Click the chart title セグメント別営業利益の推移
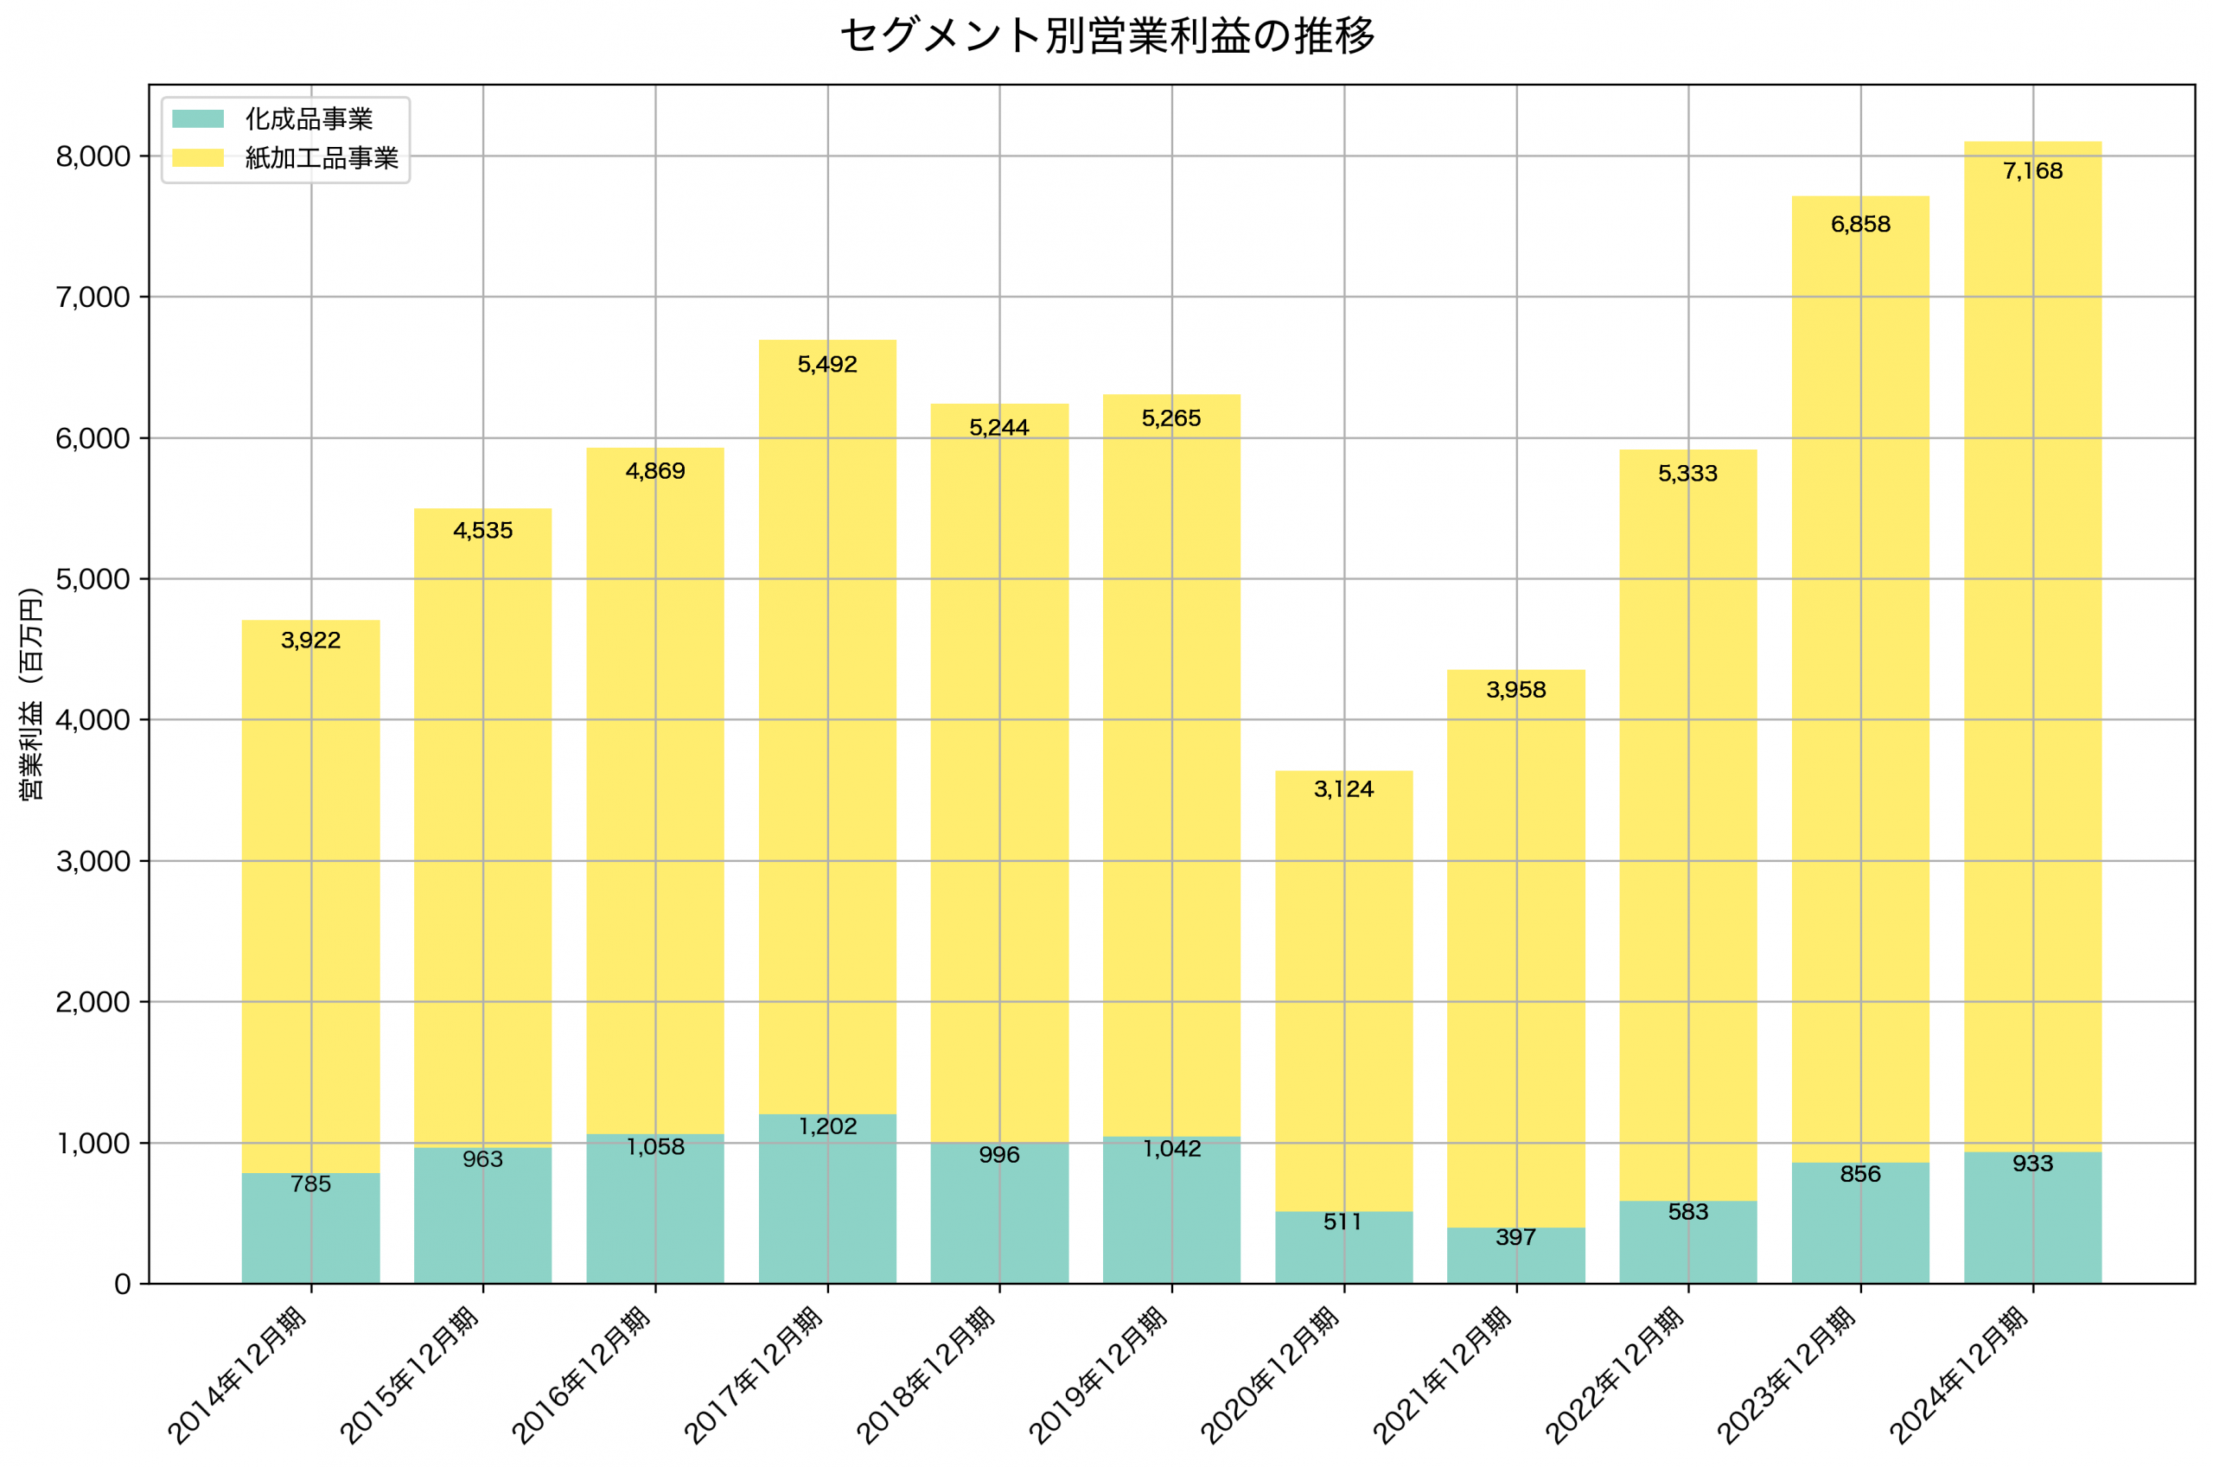(x=1106, y=36)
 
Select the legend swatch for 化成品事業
(x=198, y=118)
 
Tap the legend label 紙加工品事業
(x=322, y=158)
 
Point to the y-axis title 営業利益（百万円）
(x=31, y=693)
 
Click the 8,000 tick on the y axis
(x=92, y=156)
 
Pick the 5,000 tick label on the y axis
(x=92, y=579)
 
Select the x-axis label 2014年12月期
(x=239, y=1374)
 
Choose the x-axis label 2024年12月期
(x=1961, y=1374)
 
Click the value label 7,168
(x=2032, y=171)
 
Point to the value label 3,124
(x=1344, y=788)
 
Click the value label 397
(x=1516, y=1237)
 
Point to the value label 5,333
(x=1688, y=474)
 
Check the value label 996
(x=999, y=1155)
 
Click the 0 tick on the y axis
(x=123, y=1285)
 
